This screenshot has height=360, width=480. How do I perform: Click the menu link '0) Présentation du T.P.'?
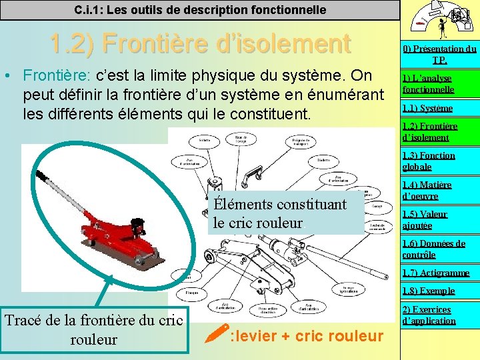pos(439,54)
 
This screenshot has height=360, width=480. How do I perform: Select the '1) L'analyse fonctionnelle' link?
pos(428,83)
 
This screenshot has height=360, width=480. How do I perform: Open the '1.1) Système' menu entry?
pos(427,108)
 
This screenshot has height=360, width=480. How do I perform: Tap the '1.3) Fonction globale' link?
pos(429,161)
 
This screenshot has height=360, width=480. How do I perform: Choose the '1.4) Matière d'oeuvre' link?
pos(427,190)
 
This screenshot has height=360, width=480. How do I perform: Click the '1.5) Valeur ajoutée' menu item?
pos(425,219)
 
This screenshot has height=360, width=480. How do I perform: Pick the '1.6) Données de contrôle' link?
pos(433,249)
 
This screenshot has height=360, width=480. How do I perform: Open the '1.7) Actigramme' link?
pos(436,273)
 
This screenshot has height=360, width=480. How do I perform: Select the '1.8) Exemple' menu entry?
pos(429,291)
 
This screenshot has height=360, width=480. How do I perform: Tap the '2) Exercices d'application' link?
pos(429,315)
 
